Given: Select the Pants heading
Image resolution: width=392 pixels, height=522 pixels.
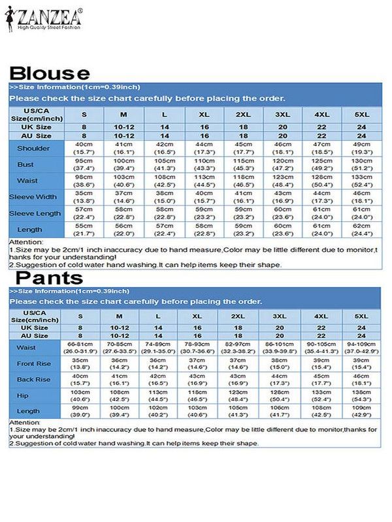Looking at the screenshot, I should (50, 279).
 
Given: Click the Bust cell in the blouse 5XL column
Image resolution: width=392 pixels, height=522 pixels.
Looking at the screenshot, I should (361, 164).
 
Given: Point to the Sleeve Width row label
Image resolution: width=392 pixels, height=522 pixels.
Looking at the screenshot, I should (25, 196).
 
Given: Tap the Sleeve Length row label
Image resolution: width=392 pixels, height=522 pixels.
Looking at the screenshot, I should (25, 213).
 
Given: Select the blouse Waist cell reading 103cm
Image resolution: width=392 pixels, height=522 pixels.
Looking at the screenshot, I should (123, 181).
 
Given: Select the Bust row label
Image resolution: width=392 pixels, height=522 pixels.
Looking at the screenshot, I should (25, 164).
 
